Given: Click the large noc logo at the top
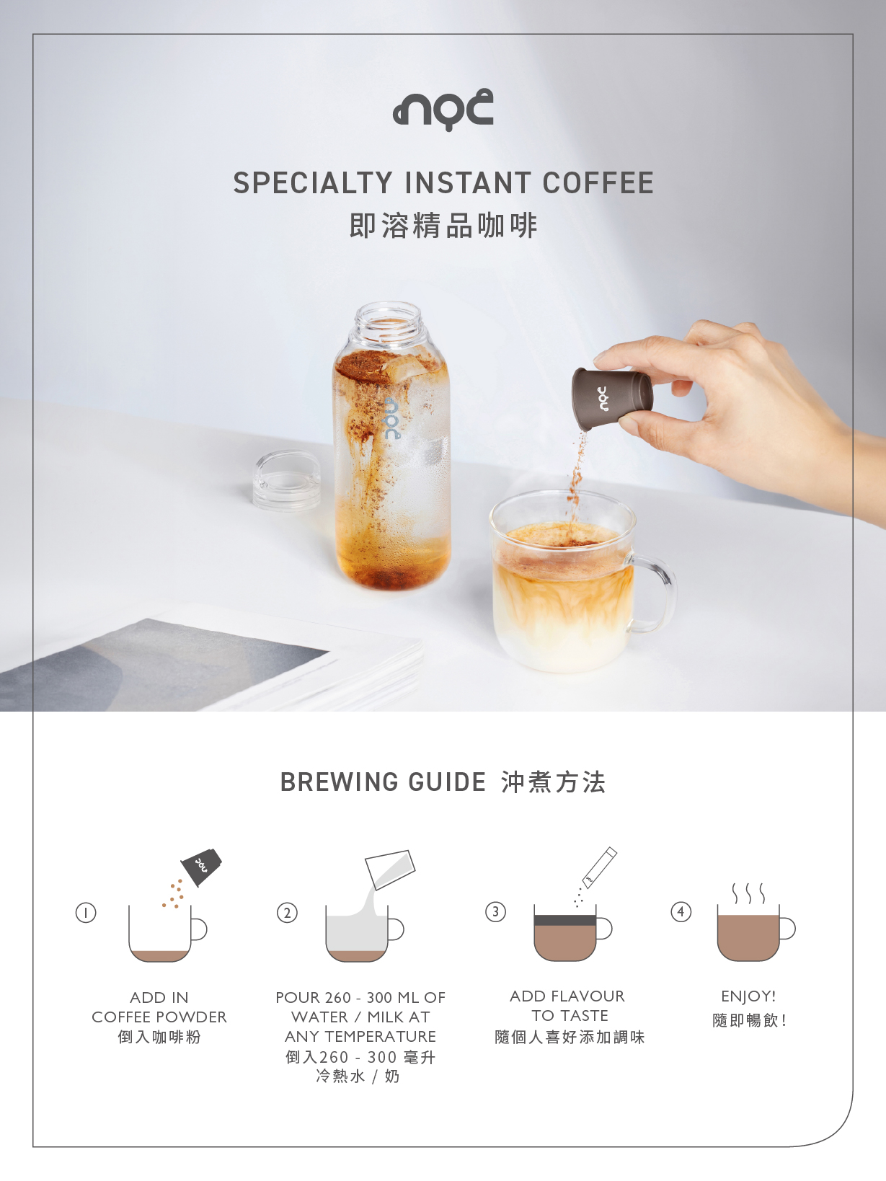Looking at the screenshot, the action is point(443,109).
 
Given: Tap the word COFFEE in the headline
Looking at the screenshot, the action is point(598,182).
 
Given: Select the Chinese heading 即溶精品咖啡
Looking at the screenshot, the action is point(443,225).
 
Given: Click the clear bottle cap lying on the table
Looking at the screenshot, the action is point(287,480).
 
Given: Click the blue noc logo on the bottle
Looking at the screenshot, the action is point(393,419).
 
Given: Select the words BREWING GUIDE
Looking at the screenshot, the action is point(383,782).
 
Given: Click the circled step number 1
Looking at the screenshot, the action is point(86,913).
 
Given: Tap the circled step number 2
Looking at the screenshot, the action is point(287,913).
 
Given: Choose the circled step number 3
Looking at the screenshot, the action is point(495,911).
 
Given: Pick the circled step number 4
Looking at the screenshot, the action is point(681,911).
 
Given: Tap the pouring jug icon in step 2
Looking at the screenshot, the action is point(390,868).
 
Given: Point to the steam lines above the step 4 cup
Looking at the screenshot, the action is point(748,893).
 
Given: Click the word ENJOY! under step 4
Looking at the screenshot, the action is point(748,996).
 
